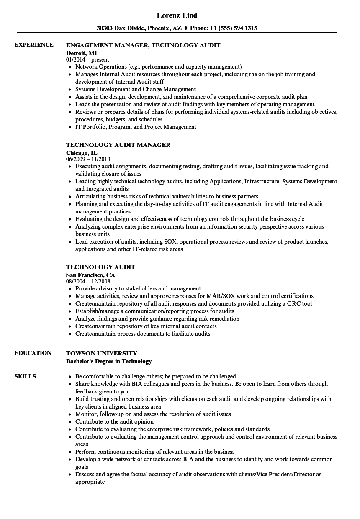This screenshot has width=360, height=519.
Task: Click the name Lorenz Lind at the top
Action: point(177,15)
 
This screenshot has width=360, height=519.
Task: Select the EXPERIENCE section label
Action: point(34,45)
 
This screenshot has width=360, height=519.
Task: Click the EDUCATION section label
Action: point(33,353)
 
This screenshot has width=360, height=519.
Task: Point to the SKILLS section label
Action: point(25,376)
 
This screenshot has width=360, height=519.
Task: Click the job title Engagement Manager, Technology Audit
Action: point(143,45)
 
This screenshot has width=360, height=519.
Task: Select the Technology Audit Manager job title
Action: point(118,145)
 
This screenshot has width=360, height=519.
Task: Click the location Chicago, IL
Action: point(82,153)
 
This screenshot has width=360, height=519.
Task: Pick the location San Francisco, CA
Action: point(90,275)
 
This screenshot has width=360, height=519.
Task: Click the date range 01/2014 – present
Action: point(87,60)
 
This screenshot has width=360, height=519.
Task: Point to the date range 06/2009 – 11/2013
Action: point(88,159)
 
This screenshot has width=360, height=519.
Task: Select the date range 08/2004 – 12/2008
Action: point(88,282)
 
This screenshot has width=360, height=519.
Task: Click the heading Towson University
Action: point(102,353)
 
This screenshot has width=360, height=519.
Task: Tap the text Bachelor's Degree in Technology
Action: point(109,361)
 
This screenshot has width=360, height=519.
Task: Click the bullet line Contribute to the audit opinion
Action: point(114,421)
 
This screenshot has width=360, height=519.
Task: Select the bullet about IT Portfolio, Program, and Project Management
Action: point(136,127)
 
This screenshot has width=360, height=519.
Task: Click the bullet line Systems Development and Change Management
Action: point(136,89)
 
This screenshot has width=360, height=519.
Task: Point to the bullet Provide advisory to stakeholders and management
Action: point(138,288)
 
